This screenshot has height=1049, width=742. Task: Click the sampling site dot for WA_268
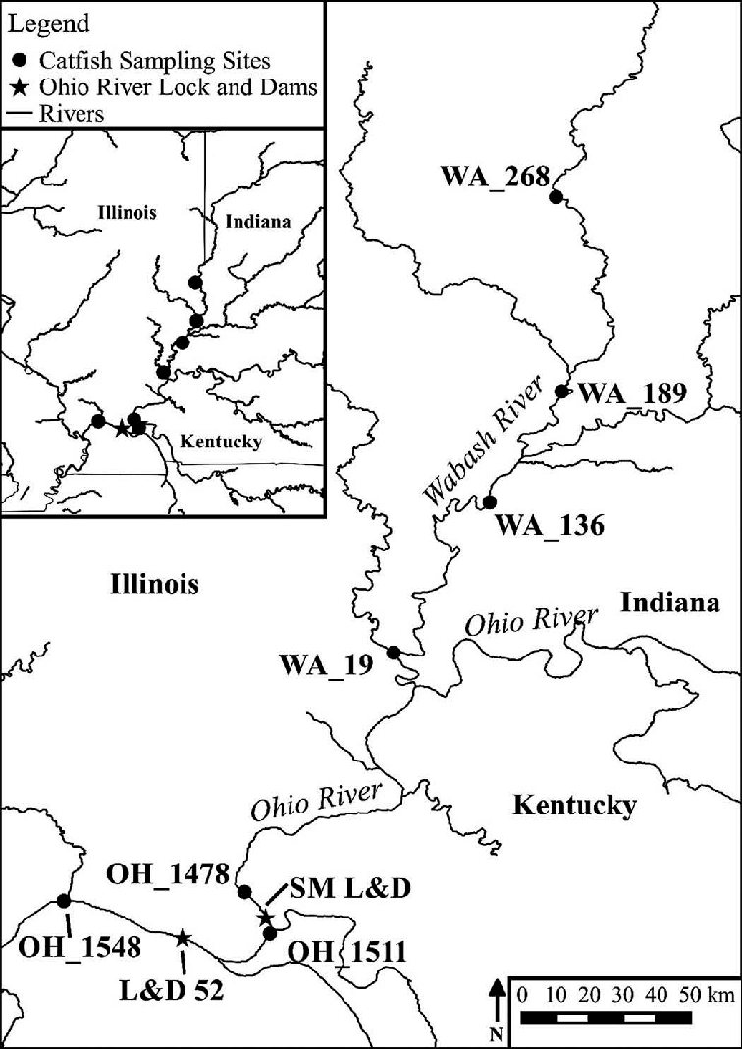click(556, 197)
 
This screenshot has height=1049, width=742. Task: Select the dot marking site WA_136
click(489, 502)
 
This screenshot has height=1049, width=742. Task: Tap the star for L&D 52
click(183, 938)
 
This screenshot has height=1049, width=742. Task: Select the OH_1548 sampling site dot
click(64, 901)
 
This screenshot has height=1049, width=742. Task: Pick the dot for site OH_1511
click(271, 933)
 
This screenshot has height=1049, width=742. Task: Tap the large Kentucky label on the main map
click(574, 807)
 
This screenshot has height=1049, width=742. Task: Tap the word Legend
click(48, 23)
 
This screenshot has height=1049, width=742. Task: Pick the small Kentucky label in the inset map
click(221, 442)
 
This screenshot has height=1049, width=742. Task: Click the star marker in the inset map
click(121, 428)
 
